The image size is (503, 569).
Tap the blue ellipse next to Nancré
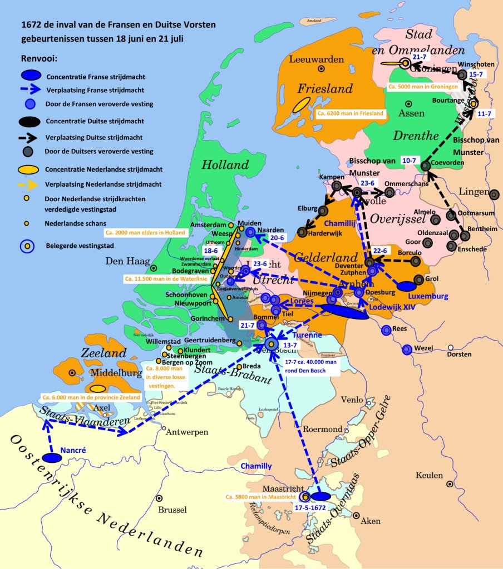click(52, 457)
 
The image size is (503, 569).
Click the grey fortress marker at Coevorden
click(426, 165)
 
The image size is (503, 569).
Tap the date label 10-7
click(409, 160)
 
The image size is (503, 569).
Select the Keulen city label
click(429, 475)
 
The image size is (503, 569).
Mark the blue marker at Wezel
click(407, 349)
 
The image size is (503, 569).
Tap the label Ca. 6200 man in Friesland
click(350, 113)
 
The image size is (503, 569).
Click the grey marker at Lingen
click(494, 194)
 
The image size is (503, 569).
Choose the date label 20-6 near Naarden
click(278, 238)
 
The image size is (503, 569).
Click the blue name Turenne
click(308, 335)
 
